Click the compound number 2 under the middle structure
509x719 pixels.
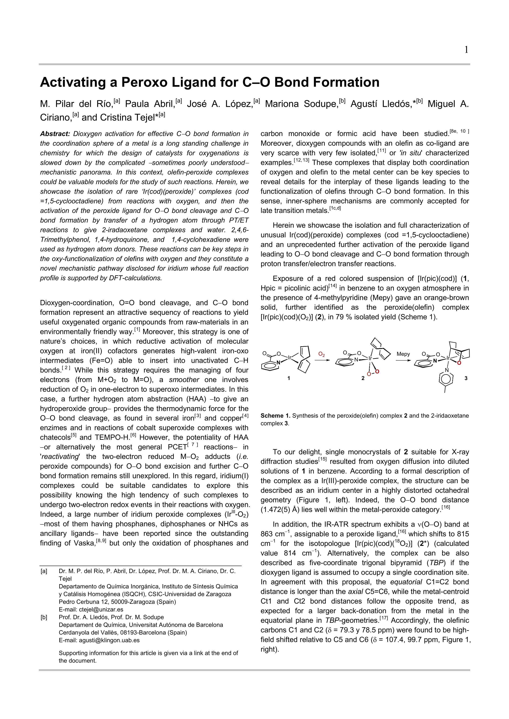point(363,378)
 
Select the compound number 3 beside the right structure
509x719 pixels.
point(466,378)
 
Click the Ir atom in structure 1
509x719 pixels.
point(290,357)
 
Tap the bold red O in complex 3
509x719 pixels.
point(459,363)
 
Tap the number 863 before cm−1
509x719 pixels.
point(267,534)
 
